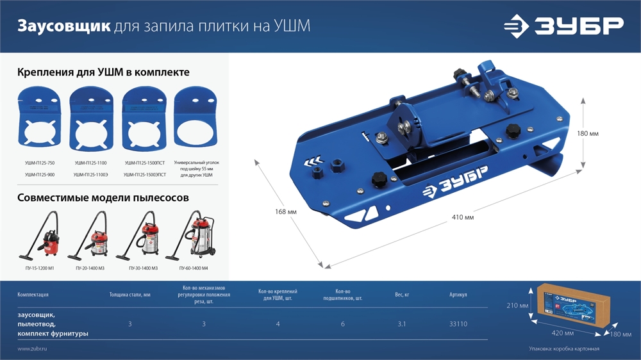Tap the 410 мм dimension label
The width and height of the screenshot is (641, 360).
[463, 218]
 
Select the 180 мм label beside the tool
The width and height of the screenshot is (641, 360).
[587, 133]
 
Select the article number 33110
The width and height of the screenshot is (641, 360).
[458, 324]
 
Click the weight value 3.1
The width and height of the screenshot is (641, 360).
[401, 324]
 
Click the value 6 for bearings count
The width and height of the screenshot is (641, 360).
[343, 324]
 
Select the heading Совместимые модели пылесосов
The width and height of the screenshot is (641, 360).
[103, 198]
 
